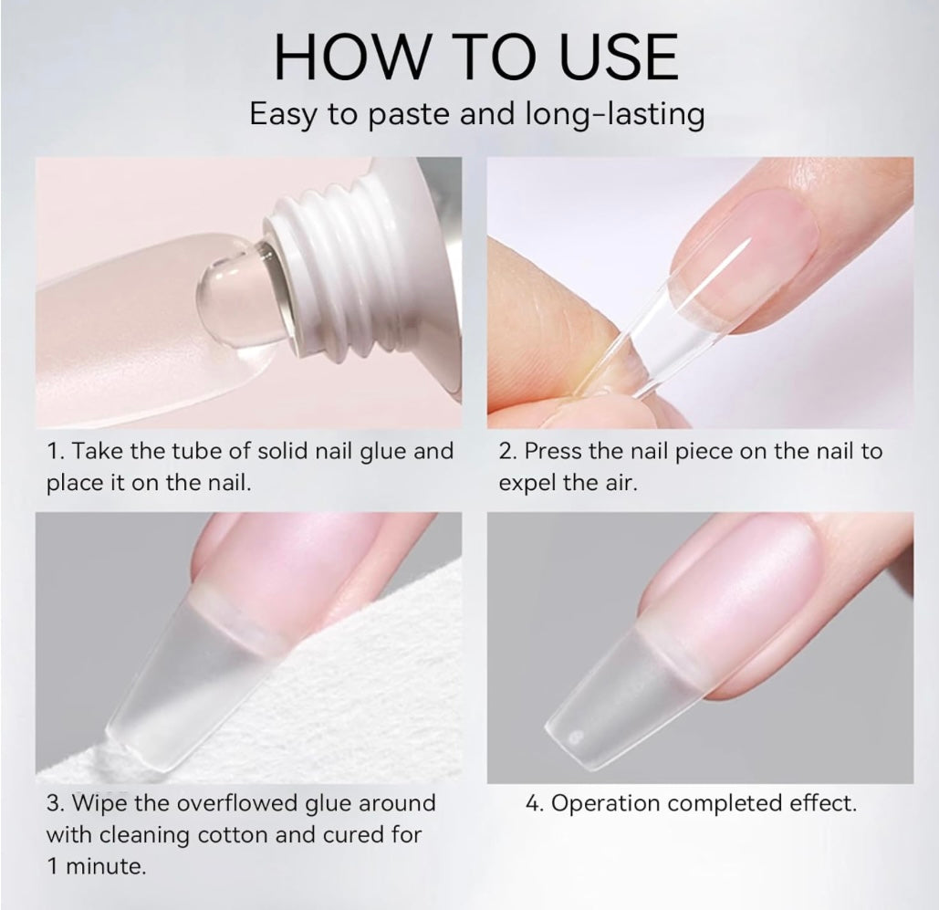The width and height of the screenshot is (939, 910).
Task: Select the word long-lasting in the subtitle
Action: click(x=615, y=114)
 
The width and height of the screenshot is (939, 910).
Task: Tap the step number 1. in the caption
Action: click(x=55, y=451)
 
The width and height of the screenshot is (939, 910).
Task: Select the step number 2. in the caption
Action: click(x=507, y=451)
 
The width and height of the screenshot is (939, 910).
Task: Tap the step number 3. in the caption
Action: click(x=56, y=803)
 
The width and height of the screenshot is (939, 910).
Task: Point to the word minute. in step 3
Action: click(x=106, y=866)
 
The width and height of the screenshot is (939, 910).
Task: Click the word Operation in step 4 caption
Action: click(x=605, y=804)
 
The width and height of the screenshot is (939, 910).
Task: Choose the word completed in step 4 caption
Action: click(x=725, y=804)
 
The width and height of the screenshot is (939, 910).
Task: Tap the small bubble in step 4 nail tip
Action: click(x=576, y=737)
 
